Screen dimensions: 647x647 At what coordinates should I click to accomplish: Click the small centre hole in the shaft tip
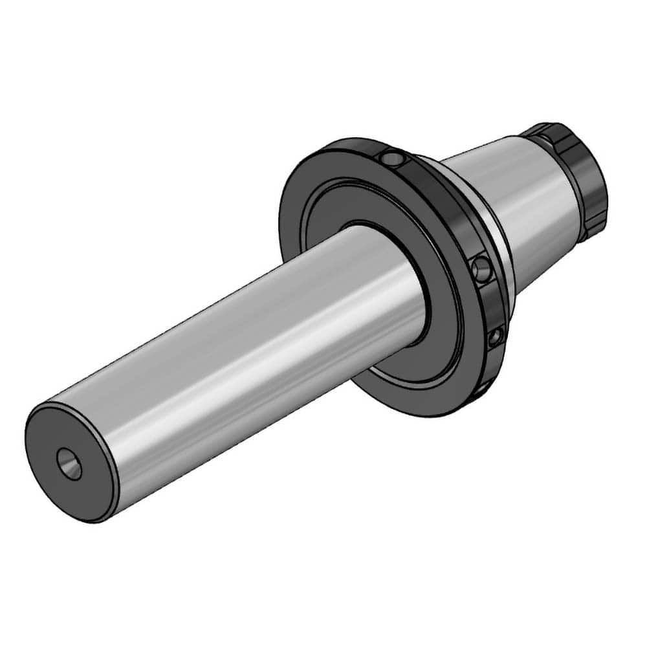pos(69,463)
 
